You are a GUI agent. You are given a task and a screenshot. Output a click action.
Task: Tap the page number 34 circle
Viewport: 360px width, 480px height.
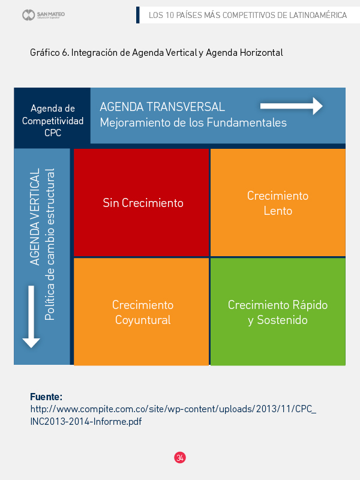[180, 457]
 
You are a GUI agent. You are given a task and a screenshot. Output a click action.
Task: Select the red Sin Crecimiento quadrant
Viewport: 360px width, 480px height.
[142, 203]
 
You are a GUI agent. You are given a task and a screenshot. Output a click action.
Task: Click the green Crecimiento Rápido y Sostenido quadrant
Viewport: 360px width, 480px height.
[278, 312]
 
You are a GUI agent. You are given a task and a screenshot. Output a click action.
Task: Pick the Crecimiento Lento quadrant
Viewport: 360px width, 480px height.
[278, 203]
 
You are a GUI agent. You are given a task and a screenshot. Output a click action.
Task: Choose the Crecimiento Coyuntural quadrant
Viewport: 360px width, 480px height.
[142, 312]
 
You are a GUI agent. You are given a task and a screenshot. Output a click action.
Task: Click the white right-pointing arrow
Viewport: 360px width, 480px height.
[292, 106]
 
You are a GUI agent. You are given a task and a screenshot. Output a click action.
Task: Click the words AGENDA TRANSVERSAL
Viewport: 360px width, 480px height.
[162, 107]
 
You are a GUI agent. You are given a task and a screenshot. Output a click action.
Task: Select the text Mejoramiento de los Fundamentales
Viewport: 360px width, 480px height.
[193, 123]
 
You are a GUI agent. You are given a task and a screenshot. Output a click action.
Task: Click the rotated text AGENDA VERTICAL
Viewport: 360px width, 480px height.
[35, 216]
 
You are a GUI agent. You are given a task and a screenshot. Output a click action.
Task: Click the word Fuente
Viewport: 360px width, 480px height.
[46, 397]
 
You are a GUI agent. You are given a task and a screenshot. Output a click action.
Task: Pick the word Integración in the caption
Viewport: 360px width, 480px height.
[94, 53]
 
